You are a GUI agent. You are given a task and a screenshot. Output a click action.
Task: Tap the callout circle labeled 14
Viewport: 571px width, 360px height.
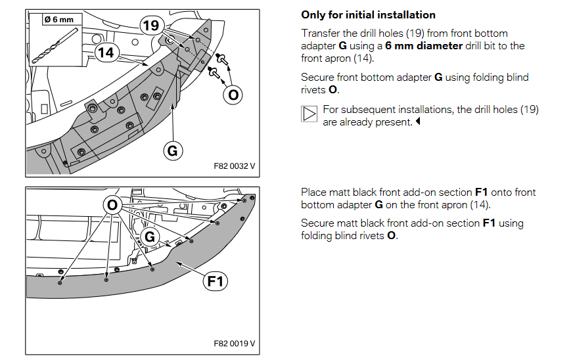coord(106,53)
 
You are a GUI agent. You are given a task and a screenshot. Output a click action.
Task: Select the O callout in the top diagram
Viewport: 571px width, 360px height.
coord(232,95)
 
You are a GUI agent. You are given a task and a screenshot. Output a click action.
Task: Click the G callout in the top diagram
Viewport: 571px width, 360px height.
coord(172,151)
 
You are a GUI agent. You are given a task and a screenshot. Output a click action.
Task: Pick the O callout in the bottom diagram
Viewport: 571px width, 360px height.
coord(113,206)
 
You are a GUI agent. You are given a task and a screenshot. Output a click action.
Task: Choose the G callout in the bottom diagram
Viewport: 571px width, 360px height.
coord(150,236)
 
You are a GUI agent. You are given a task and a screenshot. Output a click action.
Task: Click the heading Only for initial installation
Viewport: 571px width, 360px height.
coord(368,14)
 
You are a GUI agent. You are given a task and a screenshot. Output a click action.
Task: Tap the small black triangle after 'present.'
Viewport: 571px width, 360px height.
coord(418,122)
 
